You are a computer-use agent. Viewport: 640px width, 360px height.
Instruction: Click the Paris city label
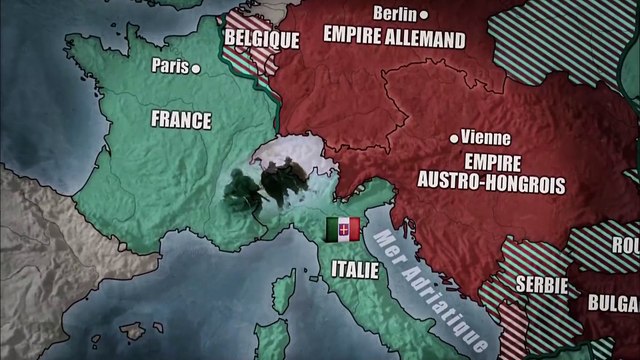click(169, 67)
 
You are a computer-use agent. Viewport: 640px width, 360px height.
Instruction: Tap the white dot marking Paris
click(195, 67)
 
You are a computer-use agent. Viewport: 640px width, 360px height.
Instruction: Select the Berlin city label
click(394, 13)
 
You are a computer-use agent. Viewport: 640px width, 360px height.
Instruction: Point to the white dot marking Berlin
click(424, 14)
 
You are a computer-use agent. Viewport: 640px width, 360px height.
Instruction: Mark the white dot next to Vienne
click(455, 138)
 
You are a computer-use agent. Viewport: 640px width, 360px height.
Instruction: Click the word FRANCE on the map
click(181, 120)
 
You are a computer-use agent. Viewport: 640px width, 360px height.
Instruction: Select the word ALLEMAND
click(422, 39)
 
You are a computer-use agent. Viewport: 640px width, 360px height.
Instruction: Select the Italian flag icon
click(343, 229)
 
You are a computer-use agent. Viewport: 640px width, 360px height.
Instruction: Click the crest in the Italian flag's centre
click(343, 229)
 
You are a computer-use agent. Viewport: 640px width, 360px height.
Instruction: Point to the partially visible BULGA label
click(614, 301)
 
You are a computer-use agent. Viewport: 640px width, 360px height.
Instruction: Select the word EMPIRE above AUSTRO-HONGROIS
click(488, 161)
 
